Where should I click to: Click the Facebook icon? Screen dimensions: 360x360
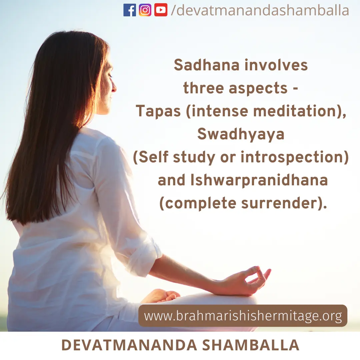pos(129,10)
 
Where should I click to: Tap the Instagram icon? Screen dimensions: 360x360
pos(145,10)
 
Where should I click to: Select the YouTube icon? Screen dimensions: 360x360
pos(161,10)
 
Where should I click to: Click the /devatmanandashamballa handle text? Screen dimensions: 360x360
pos(260,10)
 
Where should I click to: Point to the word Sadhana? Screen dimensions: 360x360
pos(207,65)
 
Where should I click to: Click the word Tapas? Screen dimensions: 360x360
pos(158,111)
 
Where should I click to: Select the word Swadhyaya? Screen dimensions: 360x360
pos(241,134)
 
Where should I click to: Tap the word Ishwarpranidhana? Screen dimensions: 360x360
pos(259,180)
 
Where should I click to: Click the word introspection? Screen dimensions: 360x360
pos(292,157)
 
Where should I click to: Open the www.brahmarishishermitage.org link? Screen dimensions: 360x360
pos(243,316)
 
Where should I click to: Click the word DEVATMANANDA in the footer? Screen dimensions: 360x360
pos(129,345)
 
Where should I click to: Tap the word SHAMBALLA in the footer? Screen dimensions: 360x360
pos(251,345)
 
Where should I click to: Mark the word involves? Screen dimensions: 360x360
pos(276,65)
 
